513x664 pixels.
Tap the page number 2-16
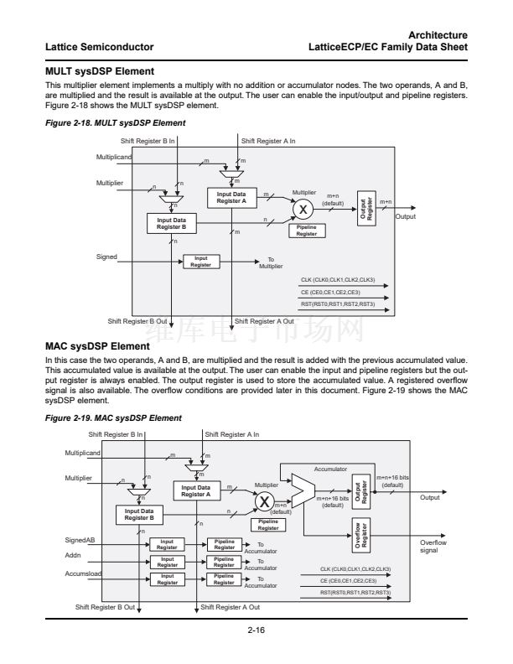256,630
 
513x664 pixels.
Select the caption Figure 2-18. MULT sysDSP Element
115,123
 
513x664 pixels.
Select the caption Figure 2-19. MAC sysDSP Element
113,418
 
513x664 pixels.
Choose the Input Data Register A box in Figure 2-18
231,198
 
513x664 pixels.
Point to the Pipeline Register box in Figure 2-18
307,231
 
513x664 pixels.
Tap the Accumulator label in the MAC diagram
330,469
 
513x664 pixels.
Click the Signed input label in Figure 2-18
106,257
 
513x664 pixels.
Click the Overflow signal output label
433,546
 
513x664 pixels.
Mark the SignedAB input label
80,540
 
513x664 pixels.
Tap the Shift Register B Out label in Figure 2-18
138,321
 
